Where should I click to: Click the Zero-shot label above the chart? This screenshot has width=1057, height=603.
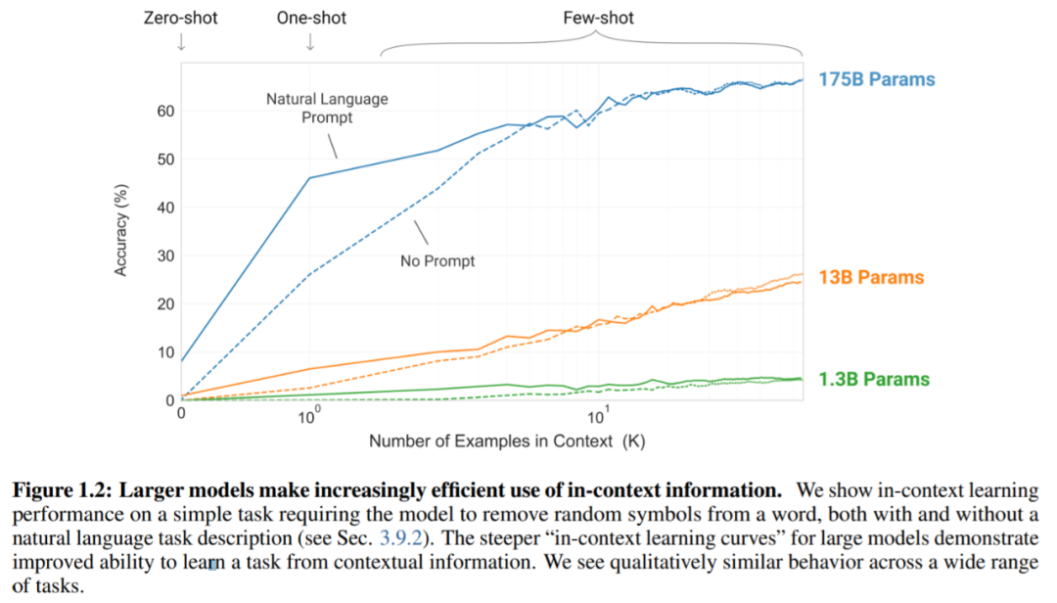[x=181, y=18]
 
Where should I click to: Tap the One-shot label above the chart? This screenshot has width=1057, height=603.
[x=310, y=18]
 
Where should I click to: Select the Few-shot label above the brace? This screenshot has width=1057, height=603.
[x=598, y=18]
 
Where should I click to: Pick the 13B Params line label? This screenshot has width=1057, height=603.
[x=871, y=278]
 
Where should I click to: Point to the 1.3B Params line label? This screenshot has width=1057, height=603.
[x=874, y=380]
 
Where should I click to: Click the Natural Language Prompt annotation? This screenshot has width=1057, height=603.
[x=327, y=108]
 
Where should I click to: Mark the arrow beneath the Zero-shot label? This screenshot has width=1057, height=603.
[x=181, y=42]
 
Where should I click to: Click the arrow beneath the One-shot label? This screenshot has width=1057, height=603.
[x=310, y=42]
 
